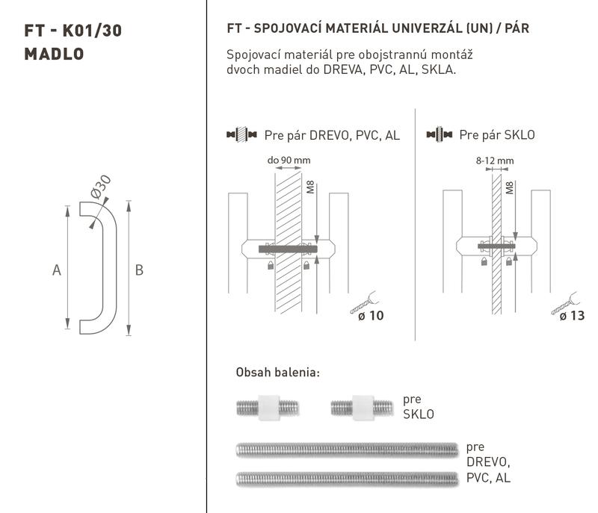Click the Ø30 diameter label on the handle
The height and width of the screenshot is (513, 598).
tap(101, 187)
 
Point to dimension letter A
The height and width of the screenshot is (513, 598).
tap(57, 270)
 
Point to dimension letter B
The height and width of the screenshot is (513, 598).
tap(139, 270)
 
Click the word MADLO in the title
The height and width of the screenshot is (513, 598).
tap(54, 54)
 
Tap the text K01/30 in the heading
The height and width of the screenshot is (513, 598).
tap(92, 31)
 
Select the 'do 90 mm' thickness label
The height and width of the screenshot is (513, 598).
tap(289, 160)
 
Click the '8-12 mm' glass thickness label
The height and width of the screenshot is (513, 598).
tap(495, 161)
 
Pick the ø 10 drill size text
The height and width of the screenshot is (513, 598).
tap(371, 316)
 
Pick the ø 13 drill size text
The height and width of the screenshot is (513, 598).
tap(572, 316)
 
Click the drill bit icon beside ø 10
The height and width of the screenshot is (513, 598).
tap(364, 302)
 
